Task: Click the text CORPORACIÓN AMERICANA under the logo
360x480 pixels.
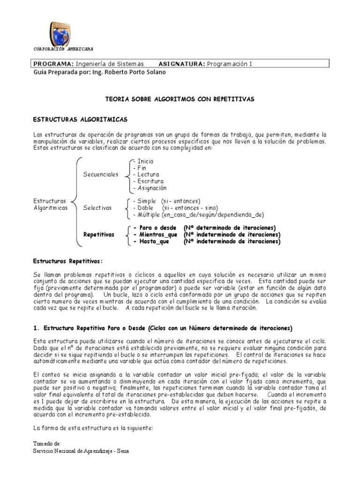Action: (63, 49)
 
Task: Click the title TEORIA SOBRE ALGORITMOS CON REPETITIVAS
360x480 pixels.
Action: (180, 99)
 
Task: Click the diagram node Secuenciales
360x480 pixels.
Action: (101, 174)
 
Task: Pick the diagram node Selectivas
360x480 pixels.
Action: (97, 208)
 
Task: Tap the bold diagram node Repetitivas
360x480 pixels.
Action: (98, 234)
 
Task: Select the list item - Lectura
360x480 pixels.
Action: (146, 174)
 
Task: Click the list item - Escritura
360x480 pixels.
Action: (148, 181)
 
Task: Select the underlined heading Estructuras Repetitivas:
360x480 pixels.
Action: (67, 261)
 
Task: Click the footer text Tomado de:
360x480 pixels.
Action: (47, 443)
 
